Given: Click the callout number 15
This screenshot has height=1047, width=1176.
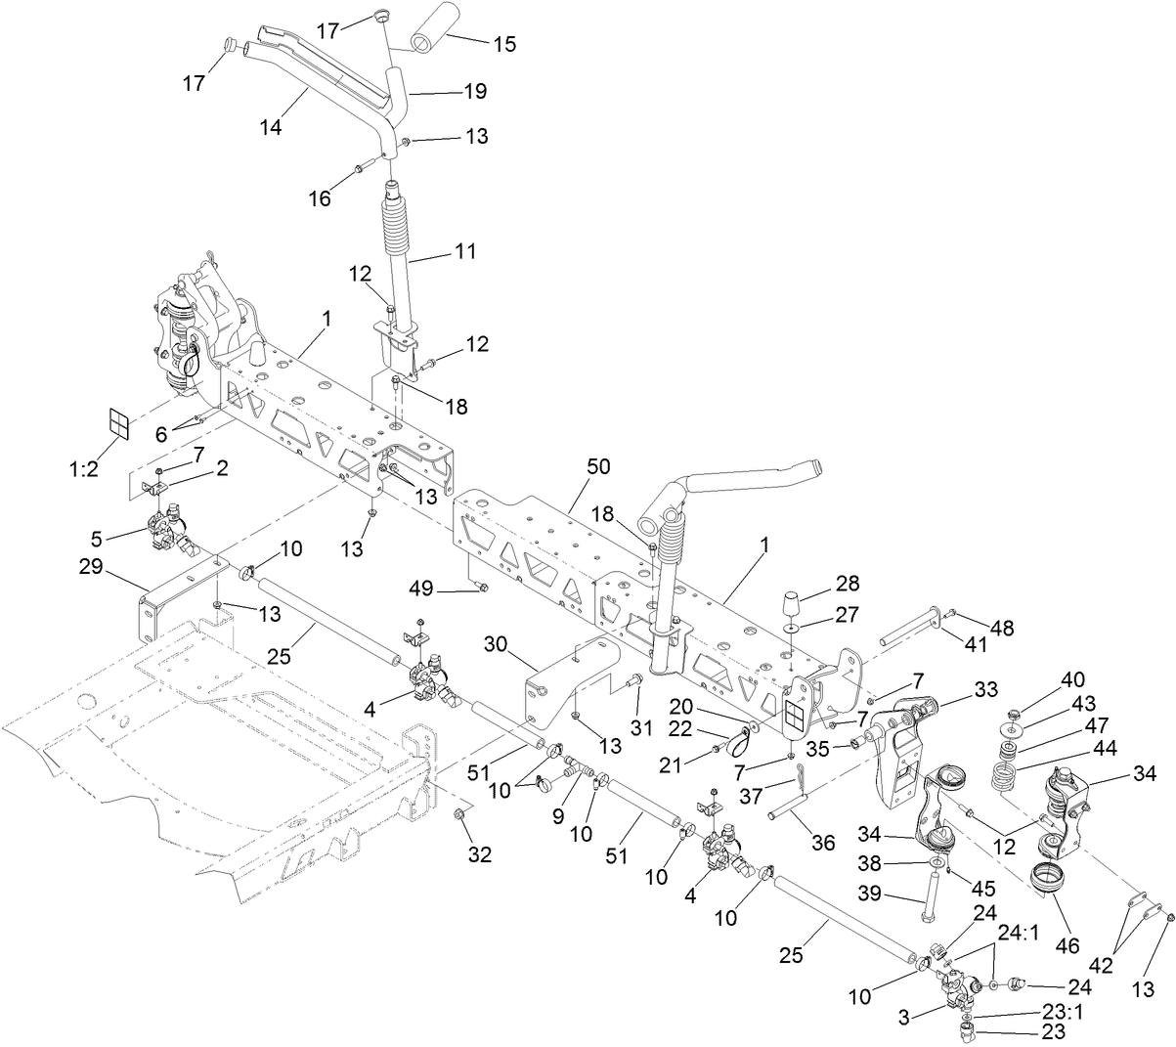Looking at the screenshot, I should tap(504, 44).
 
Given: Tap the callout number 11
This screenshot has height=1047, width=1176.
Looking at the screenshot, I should tap(465, 251).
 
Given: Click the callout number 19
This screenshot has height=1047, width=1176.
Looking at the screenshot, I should tap(475, 91).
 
